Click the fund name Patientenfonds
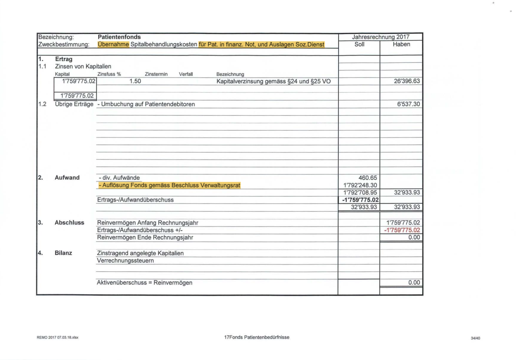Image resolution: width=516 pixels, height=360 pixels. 119,37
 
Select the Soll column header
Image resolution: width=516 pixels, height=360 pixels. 359,44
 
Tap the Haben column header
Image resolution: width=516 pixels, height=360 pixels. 401,44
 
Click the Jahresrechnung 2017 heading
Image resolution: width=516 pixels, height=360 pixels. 381,37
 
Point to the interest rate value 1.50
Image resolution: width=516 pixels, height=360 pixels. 135,81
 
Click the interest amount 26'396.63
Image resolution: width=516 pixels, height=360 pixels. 407,81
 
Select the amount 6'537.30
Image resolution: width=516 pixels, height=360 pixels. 408,104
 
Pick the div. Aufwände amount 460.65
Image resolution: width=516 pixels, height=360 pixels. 368,178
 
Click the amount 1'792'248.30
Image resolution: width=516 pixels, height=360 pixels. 360,185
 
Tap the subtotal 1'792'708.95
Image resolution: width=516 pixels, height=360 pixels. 360,193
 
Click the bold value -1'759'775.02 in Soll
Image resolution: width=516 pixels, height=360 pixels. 360,200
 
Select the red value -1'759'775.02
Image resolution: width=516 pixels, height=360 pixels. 402,230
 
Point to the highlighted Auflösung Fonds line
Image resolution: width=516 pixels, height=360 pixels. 170,185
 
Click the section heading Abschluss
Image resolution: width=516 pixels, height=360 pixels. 69,223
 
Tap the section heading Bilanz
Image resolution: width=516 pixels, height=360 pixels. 63,253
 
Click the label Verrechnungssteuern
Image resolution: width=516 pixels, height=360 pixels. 125,261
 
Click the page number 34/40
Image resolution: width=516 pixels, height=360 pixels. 475,338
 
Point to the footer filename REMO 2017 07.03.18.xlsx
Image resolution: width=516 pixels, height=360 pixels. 58,337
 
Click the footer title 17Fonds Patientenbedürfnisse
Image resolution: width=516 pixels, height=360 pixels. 257,337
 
